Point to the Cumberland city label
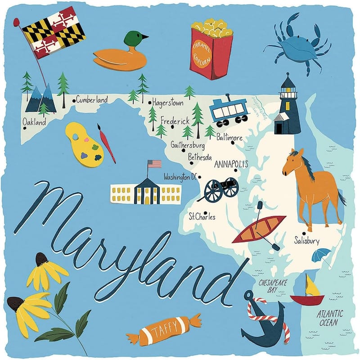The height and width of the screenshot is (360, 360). [91, 99]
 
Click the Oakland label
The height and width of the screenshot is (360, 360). [34, 122]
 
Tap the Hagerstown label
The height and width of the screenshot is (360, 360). [167, 103]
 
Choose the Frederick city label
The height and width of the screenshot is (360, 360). [175, 121]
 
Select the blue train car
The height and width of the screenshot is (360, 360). [229, 111]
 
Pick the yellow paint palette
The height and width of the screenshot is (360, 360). [84, 143]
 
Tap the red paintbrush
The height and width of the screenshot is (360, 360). [107, 143]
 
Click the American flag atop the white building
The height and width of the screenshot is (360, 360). [154, 163]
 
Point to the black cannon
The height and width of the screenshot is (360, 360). [221, 188]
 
